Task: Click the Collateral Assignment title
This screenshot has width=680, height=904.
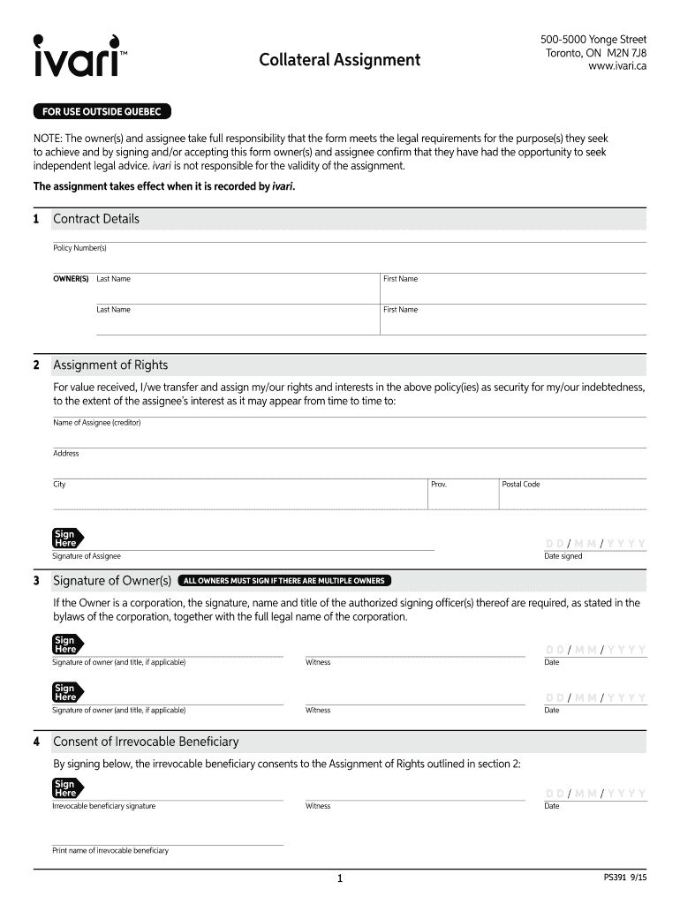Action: tap(339, 60)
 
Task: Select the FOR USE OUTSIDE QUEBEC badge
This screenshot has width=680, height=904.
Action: tap(102, 112)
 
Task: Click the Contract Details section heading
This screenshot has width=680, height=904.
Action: tap(96, 219)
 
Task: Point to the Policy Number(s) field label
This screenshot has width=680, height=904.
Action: tap(79, 248)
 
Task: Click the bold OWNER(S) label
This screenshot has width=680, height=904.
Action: tap(71, 279)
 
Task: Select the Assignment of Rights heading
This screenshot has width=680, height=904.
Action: tap(110, 365)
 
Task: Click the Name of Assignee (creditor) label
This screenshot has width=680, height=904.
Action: tap(97, 423)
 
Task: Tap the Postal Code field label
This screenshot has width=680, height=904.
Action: tap(520, 485)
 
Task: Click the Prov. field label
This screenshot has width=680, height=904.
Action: tap(439, 485)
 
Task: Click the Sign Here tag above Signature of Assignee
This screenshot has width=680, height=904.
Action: tap(66, 539)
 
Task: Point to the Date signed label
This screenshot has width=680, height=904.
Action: tap(563, 556)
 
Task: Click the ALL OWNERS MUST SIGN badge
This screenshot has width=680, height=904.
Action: tap(283, 581)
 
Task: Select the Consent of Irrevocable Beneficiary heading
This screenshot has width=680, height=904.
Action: tap(146, 742)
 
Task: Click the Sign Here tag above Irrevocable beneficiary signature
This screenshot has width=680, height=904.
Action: tap(66, 788)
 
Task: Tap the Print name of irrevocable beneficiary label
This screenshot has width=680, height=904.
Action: tap(110, 851)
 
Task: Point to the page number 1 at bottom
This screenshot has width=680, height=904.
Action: tap(339, 879)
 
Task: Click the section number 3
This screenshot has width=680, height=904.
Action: tap(36, 581)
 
